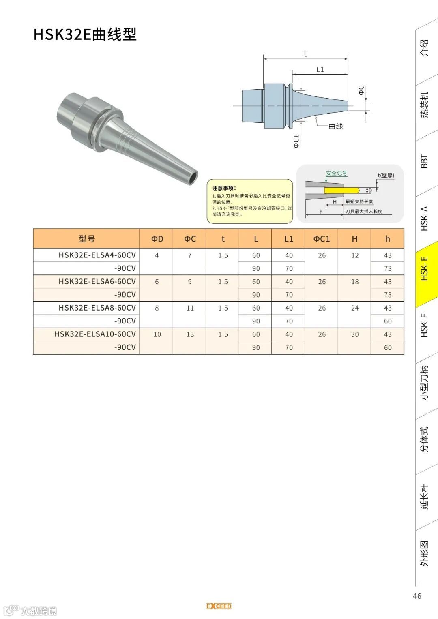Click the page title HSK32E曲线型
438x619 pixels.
pyautogui.click(x=85, y=34)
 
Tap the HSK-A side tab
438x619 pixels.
pyautogui.click(x=424, y=218)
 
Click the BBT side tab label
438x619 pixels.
pyautogui.click(x=424, y=161)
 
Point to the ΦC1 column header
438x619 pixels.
pyautogui.click(x=321, y=239)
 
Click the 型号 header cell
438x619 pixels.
pyautogui.click(x=87, y=238)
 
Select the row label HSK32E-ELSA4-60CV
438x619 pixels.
pyautogui.click(x=97, y=255)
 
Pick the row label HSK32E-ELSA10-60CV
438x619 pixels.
pyautogui.click(x=95, y=334)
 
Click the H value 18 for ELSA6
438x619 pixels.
pyautogui.click(x=355, y=282)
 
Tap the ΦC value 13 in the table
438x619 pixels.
pyautogui.click(x=190, y=334)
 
